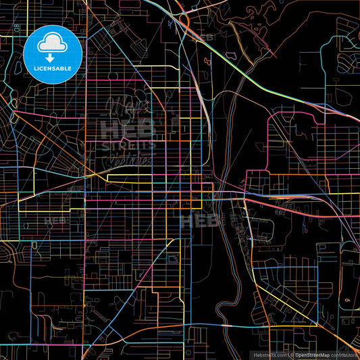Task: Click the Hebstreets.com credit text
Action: tap(269, 355)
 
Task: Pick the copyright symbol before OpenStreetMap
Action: tap(291, 355)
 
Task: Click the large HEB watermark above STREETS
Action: tap(128, 128)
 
